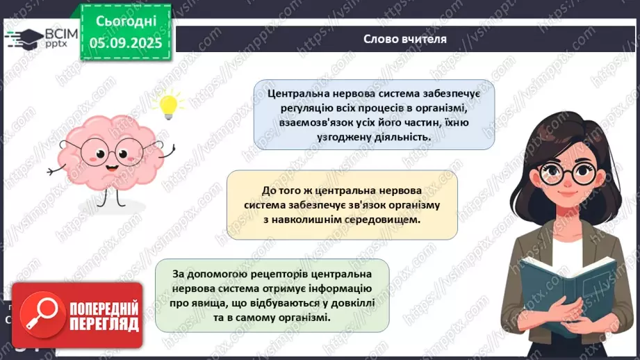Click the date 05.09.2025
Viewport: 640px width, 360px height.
pyautogui.click(x=125, y=43)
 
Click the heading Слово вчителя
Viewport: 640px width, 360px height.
pyautogui.click(x=405, y=39)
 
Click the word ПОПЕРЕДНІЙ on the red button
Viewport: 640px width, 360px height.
pyautogui.click(x=103, y=307)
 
